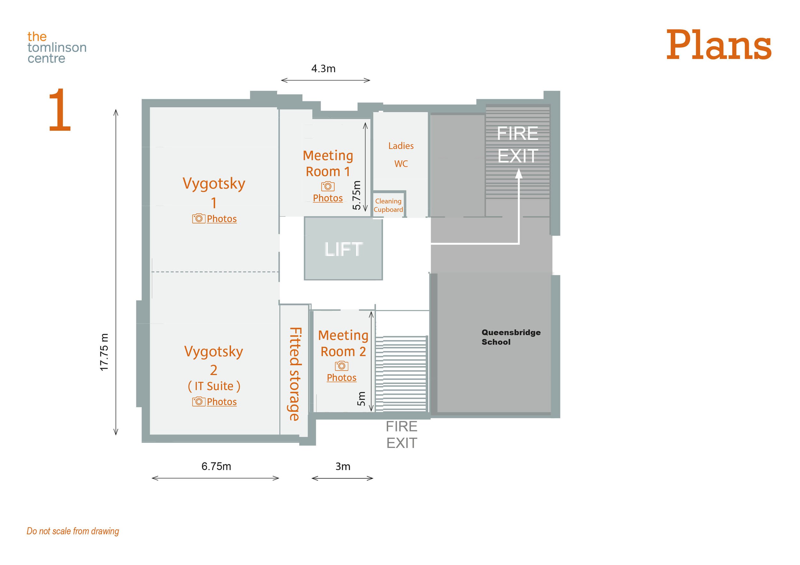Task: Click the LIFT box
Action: tap(343, 248)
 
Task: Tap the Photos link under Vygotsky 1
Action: tap(222, 219)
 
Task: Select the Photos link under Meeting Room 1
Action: tap(328, 198)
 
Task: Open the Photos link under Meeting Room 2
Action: tap(341, 378)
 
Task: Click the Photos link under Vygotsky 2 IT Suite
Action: tap(222, 402)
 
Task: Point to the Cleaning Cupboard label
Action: tap(388, 205)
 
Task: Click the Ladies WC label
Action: tap(401, 154)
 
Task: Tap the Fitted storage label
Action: tap(295, 374)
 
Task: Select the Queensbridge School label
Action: tap(511, 337)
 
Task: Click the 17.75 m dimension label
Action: tap(104, 352)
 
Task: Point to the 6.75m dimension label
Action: tap(216, 466)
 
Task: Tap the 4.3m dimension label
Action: tap(323, 68)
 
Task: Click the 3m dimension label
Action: tap(343, 467)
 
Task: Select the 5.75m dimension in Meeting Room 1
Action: tap(356, 195)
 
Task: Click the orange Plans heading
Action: tap(718, 45)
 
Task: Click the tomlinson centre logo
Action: tap(57, 47)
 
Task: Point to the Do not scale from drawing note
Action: tap(73, 531)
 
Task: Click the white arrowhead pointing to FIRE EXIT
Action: tap(518, 174)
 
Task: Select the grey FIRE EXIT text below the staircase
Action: tap(401, 435)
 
